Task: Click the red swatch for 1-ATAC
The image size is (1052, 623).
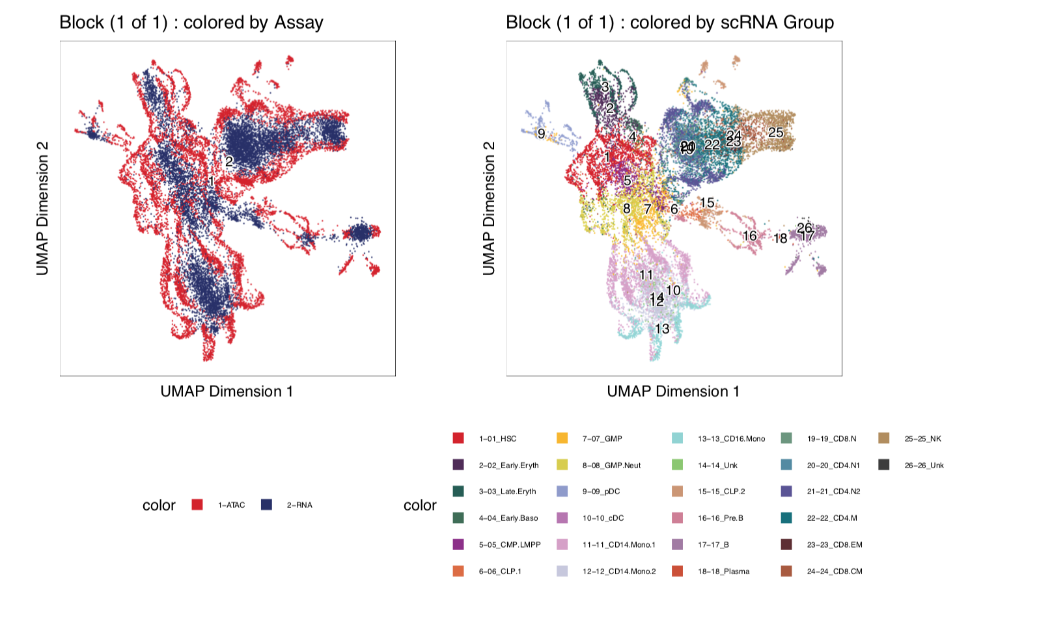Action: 197,505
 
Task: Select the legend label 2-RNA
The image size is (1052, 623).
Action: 299,505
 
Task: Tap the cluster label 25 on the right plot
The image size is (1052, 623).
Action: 775,132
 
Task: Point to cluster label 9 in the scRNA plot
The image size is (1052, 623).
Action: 541,134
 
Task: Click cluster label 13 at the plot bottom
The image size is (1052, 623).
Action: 662,328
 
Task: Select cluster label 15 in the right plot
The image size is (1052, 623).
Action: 707,203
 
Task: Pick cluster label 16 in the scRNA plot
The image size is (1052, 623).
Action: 750,235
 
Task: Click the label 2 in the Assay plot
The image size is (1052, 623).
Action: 229,162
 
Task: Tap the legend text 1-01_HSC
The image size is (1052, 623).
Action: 497,439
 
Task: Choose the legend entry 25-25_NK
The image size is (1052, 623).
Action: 922,439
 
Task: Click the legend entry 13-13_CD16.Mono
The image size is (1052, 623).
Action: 731,439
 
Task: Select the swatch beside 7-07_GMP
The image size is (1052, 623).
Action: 562,438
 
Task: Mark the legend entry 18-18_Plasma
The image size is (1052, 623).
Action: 723,572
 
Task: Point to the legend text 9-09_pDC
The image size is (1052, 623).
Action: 601,492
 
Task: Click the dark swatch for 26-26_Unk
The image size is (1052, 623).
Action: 883,465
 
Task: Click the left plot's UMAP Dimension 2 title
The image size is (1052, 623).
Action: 43,208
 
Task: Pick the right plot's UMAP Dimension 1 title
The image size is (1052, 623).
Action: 673,391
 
